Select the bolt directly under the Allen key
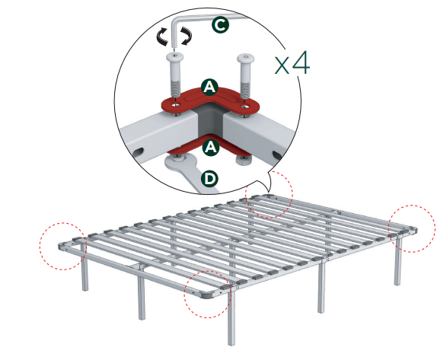(176, 76)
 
